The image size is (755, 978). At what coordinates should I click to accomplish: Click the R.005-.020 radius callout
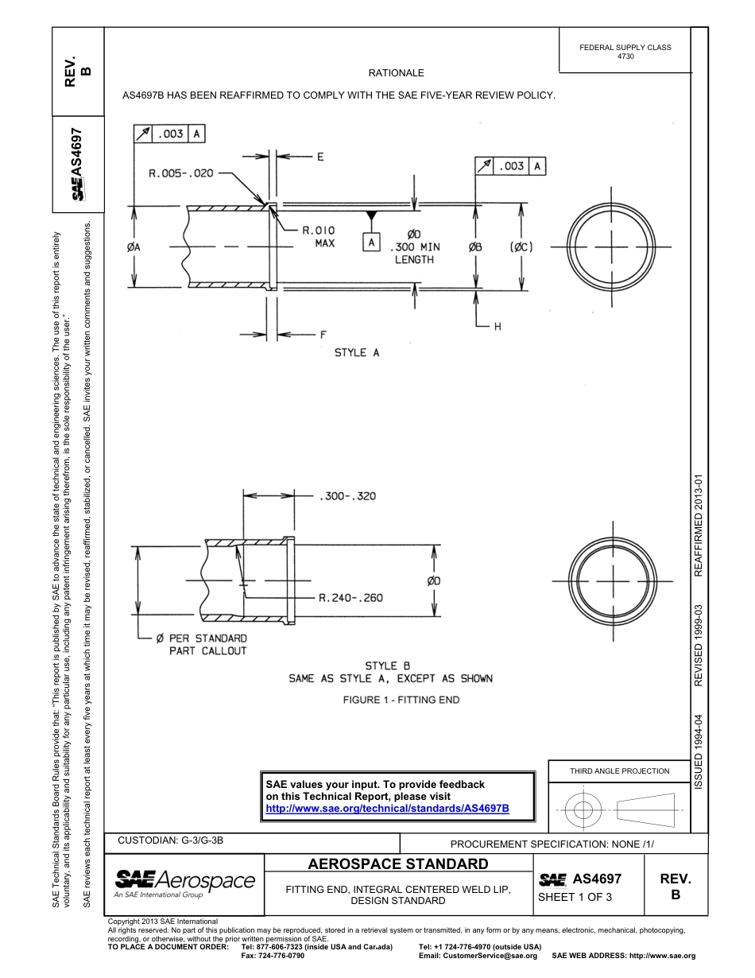(180, 173)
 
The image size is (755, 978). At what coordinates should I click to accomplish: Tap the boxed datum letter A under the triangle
(370, 243)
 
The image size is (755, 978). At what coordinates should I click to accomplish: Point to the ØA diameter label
(134, 247)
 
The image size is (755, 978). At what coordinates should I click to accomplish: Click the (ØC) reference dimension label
(521, 247)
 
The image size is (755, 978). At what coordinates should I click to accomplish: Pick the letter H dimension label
(498, 327)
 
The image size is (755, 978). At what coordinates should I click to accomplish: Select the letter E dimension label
(320, 157)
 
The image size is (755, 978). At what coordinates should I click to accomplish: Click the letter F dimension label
(323, 335)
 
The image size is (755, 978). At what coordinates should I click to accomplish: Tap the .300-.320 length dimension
(347, 496)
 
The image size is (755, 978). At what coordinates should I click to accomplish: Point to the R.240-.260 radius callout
(350, 597)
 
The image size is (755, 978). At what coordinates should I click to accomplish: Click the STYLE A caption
(357, 352)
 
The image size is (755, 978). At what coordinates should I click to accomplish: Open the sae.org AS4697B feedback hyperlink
(387, 808)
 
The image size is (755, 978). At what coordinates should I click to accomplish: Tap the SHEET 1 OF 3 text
(575, 898)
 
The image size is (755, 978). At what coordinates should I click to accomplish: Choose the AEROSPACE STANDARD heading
(398, 864)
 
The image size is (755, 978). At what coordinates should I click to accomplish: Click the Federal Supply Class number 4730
(625, 56)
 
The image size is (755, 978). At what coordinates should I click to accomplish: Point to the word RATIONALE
(396, 73)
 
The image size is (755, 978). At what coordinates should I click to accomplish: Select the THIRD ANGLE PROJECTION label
(619, 770)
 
